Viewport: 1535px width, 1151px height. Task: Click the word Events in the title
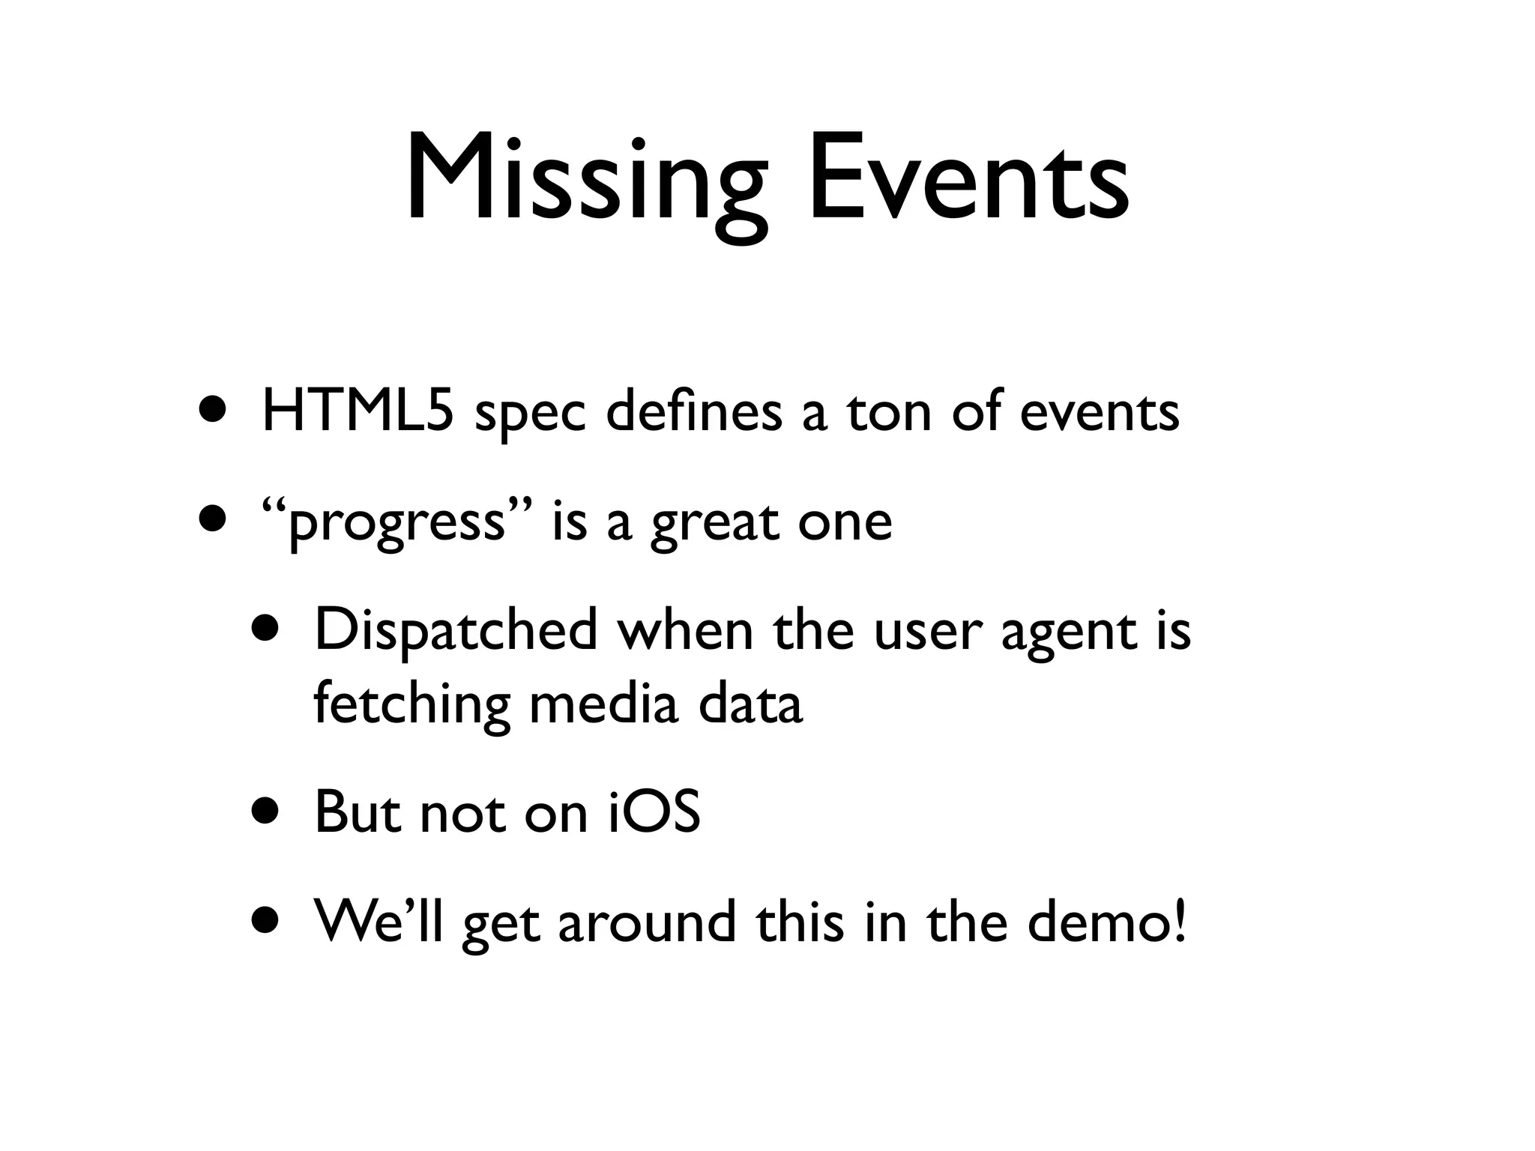968,180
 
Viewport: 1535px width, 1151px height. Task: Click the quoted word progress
397,522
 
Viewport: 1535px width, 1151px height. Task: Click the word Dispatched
456,630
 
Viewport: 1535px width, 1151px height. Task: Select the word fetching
411,704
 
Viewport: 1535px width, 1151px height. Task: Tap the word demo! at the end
1107,921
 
